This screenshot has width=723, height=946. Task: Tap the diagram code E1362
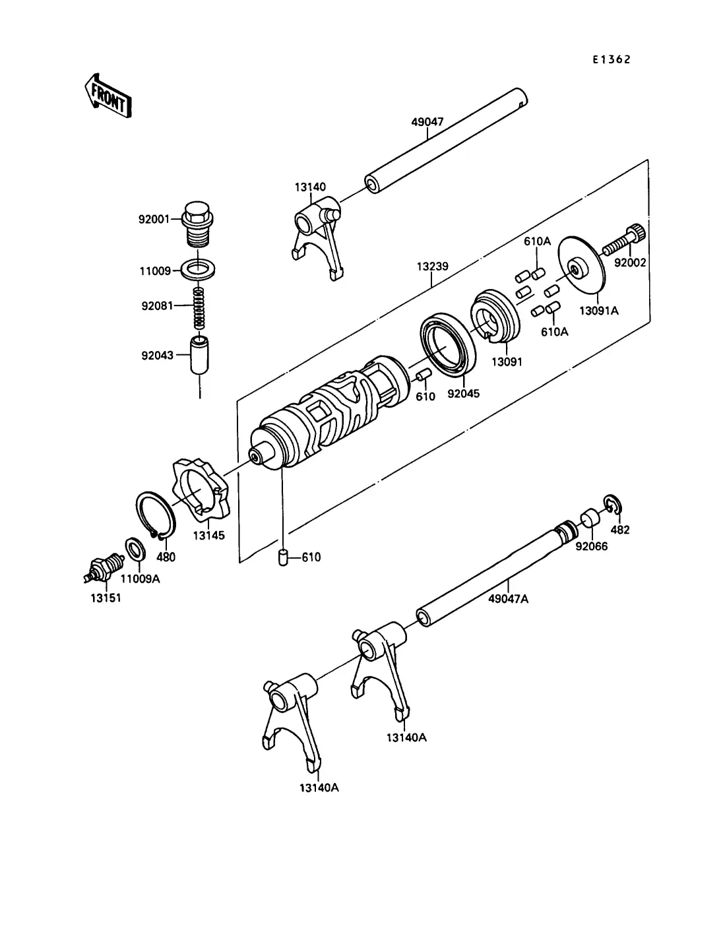[611, 59]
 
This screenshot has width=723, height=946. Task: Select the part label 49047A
[508, 598]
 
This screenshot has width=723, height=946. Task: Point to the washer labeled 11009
[198, 270]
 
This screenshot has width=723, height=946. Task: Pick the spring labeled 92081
[199, 307]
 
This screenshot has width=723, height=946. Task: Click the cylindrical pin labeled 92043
[199, 356]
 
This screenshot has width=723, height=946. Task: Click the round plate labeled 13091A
[582, 270]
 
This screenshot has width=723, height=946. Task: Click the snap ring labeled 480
[156, 515]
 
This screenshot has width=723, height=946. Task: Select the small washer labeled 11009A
[135, 550]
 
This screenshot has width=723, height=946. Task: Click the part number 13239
[432, 267]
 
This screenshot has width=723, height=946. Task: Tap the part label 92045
[463, 393]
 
